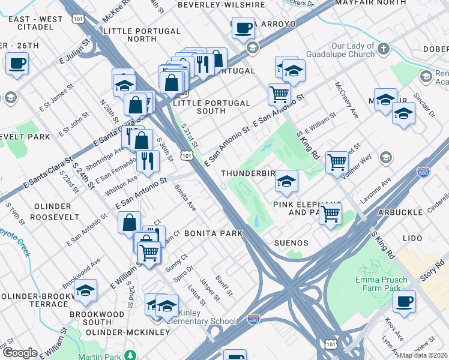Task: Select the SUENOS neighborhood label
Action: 291,243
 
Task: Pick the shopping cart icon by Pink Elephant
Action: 330,213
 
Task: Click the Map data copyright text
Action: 424,355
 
